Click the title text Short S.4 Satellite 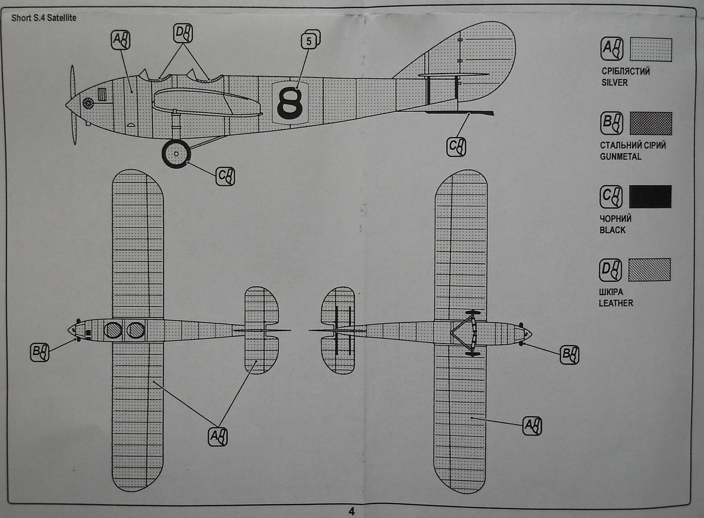click(44, 18)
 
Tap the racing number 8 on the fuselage click(290, 103)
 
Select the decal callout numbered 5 click(310, 40)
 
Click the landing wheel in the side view click(176, 153)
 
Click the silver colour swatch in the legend click(650, 50)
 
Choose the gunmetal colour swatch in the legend click(650, 123)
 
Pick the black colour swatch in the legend click(650, 196)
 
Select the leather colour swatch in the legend click(650, 269)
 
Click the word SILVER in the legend click(614, 83)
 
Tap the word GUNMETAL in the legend click(620, 157)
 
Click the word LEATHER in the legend click(615, 303)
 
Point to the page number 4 click(352, 511)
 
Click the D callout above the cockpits click(183, 34)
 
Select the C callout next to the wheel click(225, 176)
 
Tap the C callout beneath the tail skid click(456, 146)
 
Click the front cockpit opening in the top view click(113, 330)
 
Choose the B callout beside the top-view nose click(39, 352)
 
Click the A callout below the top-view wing click(218, 436)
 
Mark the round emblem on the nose click(88, 103)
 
